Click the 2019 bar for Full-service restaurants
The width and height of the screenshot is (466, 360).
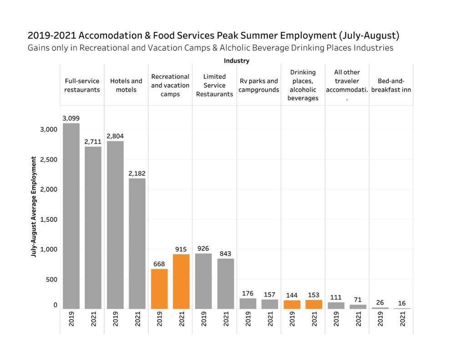pos(71,216)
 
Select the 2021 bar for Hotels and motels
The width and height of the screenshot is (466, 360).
pos(137,243)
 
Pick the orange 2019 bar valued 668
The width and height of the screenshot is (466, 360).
pos(159,289)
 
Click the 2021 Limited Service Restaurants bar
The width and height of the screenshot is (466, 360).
pos(225,284)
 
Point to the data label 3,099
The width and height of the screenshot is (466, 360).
pos(71,118)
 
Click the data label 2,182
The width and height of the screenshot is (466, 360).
pos(137,173)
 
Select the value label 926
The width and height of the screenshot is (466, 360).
pos(203,248)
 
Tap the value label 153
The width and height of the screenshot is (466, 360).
pos(314,295)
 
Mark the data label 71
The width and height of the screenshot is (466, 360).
pos(358,300)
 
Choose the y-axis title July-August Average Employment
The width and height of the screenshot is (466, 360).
pos(34,207)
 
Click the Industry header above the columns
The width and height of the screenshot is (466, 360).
pos(236,61)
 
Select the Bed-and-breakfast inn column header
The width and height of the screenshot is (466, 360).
pos(391,85)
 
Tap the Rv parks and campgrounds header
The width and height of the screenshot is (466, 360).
pos(258,85)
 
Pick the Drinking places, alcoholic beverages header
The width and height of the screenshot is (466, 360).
pos(303,85)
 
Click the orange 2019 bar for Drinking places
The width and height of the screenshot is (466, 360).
pos(292,304)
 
